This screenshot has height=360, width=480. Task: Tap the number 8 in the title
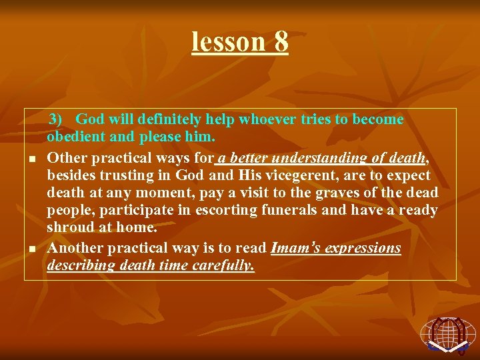pos(281,41)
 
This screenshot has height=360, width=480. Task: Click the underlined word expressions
pos(363,248)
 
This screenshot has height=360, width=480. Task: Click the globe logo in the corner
pos(447,333)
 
